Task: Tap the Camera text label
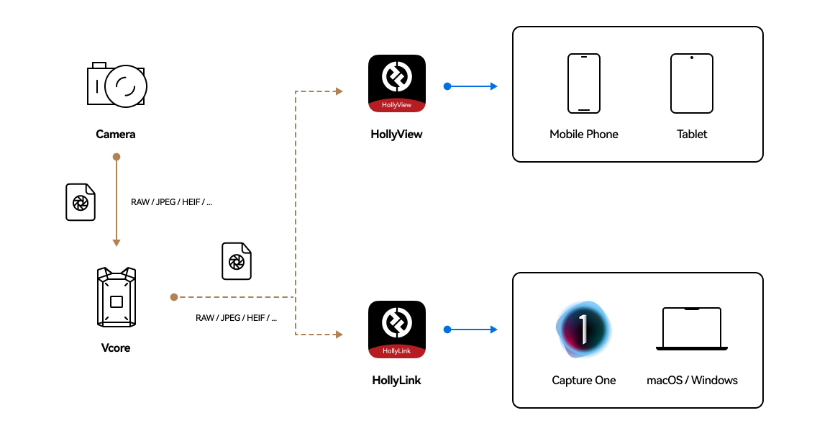tap(116, 135)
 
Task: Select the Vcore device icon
tap(116, 297)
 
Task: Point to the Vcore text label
tap(116, 348)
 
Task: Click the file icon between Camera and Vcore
tap(81, 202)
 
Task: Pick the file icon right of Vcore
tap(237, 261)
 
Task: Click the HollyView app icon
tap(397, 83)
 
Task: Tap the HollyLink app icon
tap(397, 330)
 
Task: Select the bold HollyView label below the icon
tap(397, 135)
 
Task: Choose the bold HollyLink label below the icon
tap(397, 381)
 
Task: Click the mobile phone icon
tap(583, 83)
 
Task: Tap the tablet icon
tap(692, 83)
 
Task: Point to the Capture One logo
tap(583, 330)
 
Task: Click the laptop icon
tap(692, 330)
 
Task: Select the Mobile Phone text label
tap(583, 135)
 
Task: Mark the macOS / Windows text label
tap(692, 381)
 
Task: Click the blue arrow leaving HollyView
tap(472, 86)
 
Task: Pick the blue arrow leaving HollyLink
tap(472, 330)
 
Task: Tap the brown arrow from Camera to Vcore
tap(117, 201)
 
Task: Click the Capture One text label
tap(583, 381)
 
